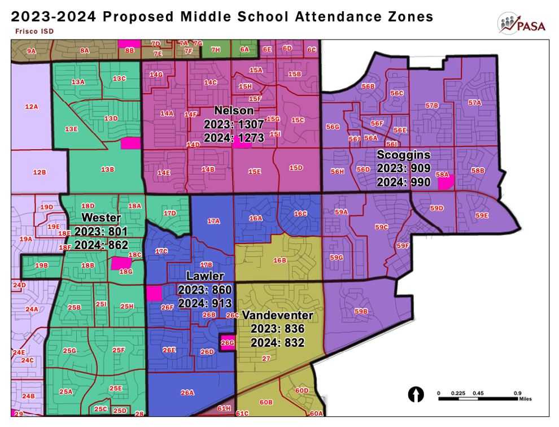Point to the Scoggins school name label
pyautogui.click(x=403, y=155)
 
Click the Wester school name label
pyautogui.click(x=101, y=217)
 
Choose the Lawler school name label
pyautogui.click(x=205, y=276)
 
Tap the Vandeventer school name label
pyautogui.click(x=278, y=315)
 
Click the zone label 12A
pyautogui.click(x=32, y=106)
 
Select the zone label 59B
pyautogui.click(x=361, y=311)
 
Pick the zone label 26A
pyautogui.click(x=187, y=392)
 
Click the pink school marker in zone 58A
pyautogui.click(x=446, y=181)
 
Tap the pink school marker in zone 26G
pyautogui.click(x=227, y=342)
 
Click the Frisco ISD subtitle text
pyautogui.click(x=32, y=31)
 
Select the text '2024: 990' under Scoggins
pyautogui.click(x=403, y=182)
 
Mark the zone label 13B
pyautogui.click(x=107, y=169)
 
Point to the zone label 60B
pyautogui.click(x=266, y=402)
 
